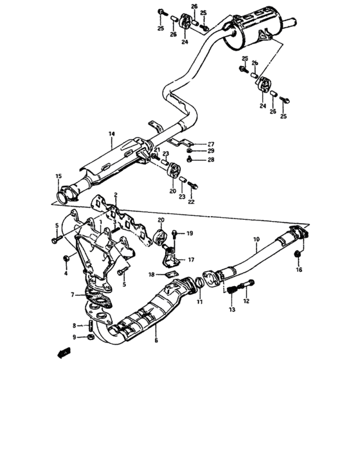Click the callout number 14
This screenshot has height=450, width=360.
tap(111, 134)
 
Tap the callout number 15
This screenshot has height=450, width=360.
tap(58, 176)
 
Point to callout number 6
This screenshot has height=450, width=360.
tap(156, 340)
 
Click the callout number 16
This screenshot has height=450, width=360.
tap(298, 270)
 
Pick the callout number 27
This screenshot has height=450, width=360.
tap(210, 144)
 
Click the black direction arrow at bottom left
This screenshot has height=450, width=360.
tap(63, 353)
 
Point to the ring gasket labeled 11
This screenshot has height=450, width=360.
tap(201, 282)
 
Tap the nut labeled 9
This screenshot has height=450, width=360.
tap(91, 336)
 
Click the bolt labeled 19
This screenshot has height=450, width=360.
tap(175, 233)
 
